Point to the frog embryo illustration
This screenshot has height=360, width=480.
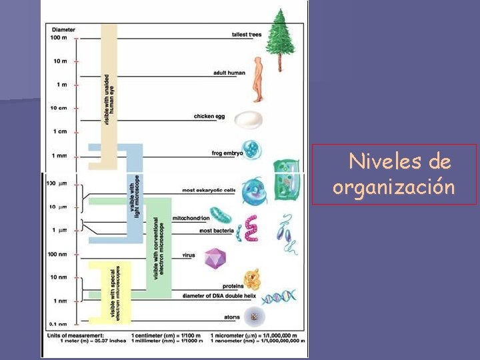251,149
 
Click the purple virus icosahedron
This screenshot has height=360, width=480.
215,258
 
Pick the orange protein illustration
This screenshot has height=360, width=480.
252,279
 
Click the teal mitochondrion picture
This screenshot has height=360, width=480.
219,215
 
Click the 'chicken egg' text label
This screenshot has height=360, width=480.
209,116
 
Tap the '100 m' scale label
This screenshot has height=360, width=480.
59,37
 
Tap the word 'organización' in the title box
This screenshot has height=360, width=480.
394,187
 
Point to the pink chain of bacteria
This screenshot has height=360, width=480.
251,229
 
